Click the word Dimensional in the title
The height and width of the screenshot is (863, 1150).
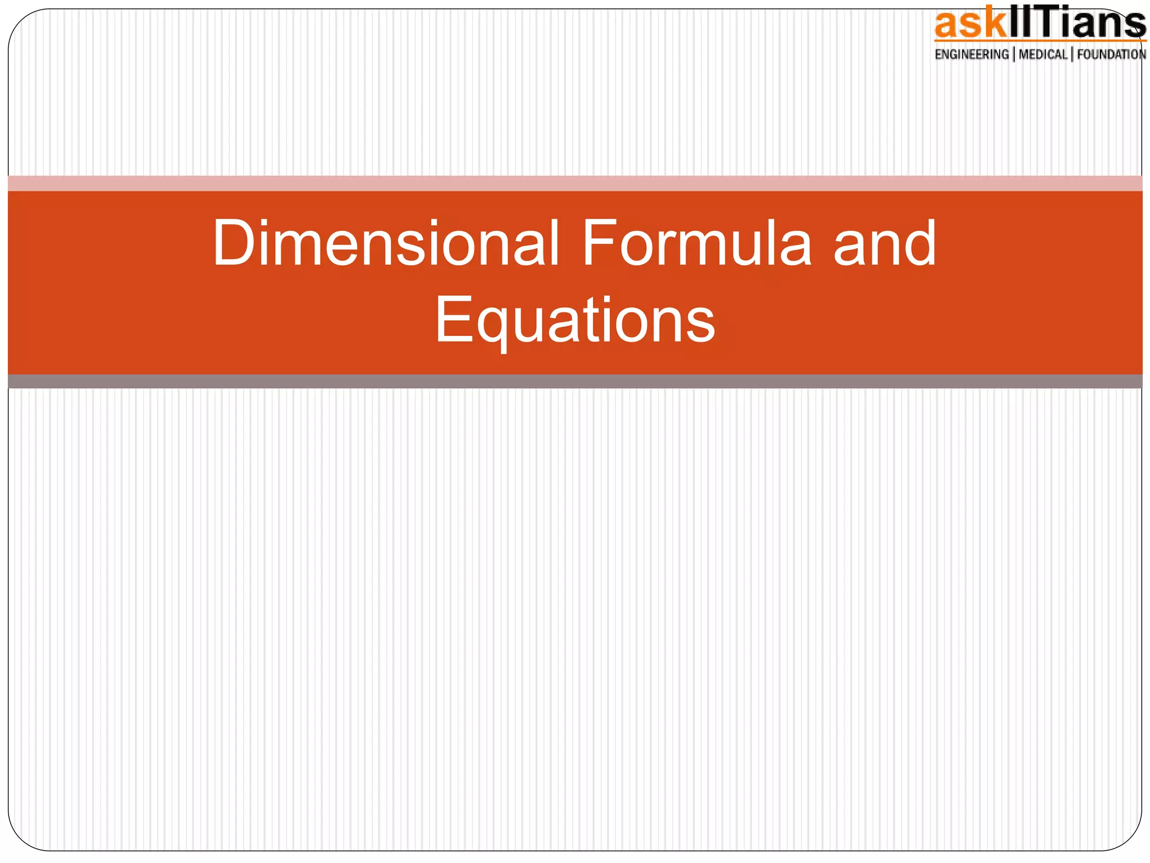(x=386, y=243)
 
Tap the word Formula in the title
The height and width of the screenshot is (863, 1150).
(x=697, y=243)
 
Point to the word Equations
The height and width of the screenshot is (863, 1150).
(x=575, y=320)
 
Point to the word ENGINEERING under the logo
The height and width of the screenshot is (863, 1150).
(x=971, y=54)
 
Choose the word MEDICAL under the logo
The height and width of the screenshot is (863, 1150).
(x=1043, y=54)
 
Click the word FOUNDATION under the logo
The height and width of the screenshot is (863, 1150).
(x=1111, y=54)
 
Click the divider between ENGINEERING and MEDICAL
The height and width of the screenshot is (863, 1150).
(x=1014, y=54)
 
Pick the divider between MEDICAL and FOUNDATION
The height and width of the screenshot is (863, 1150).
(x=1072, y=54)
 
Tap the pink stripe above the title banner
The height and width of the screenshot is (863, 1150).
(x=575, y=183)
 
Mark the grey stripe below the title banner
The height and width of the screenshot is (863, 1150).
(x=575, y=381)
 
